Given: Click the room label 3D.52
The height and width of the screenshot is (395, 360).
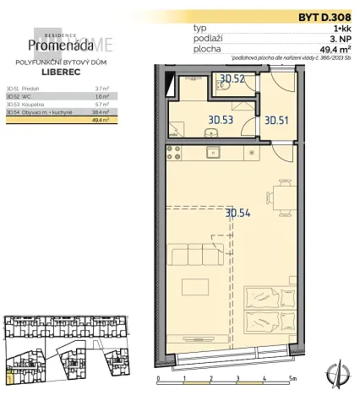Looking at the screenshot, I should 232,80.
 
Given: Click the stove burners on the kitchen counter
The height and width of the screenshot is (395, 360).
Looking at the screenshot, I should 177,154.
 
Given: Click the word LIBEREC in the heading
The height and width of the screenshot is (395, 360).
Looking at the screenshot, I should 61,73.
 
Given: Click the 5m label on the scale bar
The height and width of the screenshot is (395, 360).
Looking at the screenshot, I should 291,379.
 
